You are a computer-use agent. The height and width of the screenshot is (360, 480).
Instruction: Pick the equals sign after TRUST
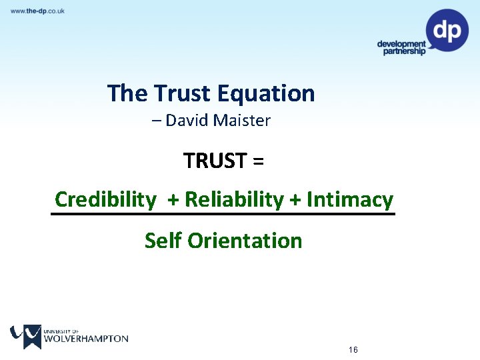(259, 161)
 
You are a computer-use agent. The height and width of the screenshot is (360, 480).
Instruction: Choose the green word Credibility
(105, 199)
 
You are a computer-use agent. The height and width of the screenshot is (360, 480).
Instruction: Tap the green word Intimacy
(350, 199)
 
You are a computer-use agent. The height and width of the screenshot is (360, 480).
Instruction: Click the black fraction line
(223, 214)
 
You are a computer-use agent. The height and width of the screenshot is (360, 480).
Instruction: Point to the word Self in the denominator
(163, 240)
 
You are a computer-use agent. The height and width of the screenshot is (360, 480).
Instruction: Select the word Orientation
(245, 240)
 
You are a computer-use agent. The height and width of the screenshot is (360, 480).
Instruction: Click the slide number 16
(353, 350)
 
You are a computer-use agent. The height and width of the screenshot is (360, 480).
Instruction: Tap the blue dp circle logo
(447, 30)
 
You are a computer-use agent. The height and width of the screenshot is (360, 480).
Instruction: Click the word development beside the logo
(401, 44)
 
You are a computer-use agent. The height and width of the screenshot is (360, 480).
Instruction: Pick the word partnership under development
(404, 51)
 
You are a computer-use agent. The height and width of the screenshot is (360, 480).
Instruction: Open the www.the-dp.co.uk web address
(37, 11)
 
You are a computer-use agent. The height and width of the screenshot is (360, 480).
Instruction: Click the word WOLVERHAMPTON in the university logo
(86, 339)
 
